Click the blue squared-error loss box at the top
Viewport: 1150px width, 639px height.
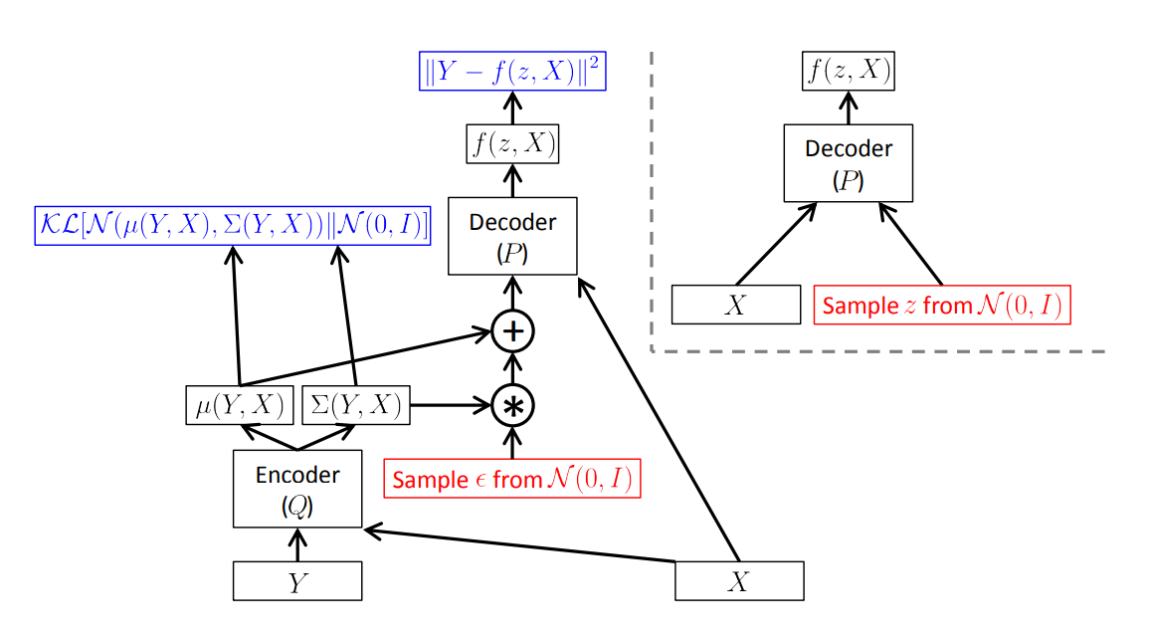tap(512, 73)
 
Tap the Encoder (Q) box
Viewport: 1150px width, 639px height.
tap(297, 489)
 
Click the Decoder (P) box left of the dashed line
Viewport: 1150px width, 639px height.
tap(512, 236)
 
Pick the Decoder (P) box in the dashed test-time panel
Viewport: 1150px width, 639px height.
tap(849, 162)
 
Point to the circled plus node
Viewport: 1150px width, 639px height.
tap(512, 331)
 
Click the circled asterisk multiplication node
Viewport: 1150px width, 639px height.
tap(512, 404)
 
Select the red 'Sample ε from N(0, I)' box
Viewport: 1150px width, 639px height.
tap(512, 479)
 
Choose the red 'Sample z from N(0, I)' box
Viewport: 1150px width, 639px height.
tap(942, 305)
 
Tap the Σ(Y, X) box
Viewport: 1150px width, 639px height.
tap(356, 405)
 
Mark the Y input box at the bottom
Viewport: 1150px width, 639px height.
tap(297, 581)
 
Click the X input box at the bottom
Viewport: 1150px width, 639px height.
tap(739, 581)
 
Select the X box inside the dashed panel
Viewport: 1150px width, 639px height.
tap(735, 305)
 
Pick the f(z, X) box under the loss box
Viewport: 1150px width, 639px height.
tap(512, 145)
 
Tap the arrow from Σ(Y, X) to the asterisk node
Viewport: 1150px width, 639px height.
tap(450, 405)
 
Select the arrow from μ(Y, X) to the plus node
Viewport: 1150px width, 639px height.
tap(368, 359)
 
